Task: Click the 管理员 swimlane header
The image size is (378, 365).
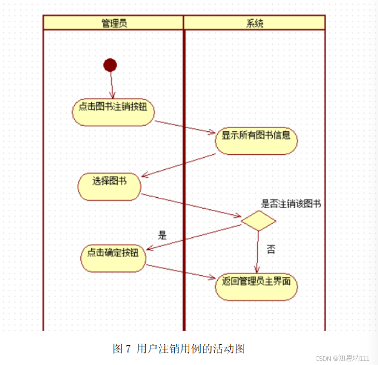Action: pos(114,23)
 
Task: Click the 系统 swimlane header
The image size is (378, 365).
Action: pos(254,23)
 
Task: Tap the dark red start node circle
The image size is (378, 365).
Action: pos(110,65)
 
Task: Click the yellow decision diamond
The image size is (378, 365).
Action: pos(258,221)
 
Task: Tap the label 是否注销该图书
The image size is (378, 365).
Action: pos(290,204)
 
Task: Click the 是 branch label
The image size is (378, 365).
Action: pos(162,235)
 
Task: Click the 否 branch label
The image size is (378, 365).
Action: pos(271,250)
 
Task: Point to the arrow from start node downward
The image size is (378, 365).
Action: pos(111,84)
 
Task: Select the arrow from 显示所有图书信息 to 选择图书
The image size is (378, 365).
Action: pos(179,165)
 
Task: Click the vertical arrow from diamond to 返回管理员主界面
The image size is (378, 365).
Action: pos(257,252)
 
